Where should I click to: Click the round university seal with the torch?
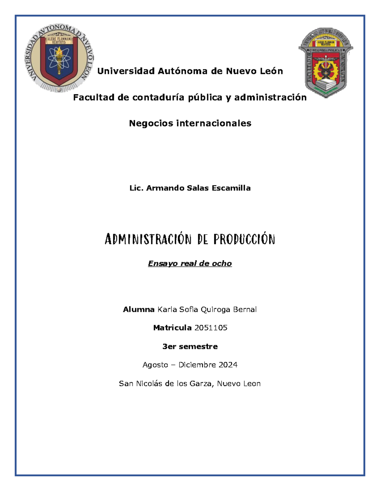[x=59, y=58]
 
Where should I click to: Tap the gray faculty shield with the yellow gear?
[x=326, y=62]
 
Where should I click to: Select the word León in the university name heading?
[x=271, y=71]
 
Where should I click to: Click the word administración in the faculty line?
[x=270, y=97]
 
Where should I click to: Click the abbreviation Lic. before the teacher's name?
[x=136, y=188]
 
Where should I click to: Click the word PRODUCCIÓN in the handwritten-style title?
[x=244, y=239]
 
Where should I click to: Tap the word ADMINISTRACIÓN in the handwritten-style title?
[x=148, y=239]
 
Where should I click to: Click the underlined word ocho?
[x=222, y=264]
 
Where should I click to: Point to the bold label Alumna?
[x=139, y=310]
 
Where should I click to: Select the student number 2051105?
[x=211, y=328]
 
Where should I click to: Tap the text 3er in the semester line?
[x=169, y=347]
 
